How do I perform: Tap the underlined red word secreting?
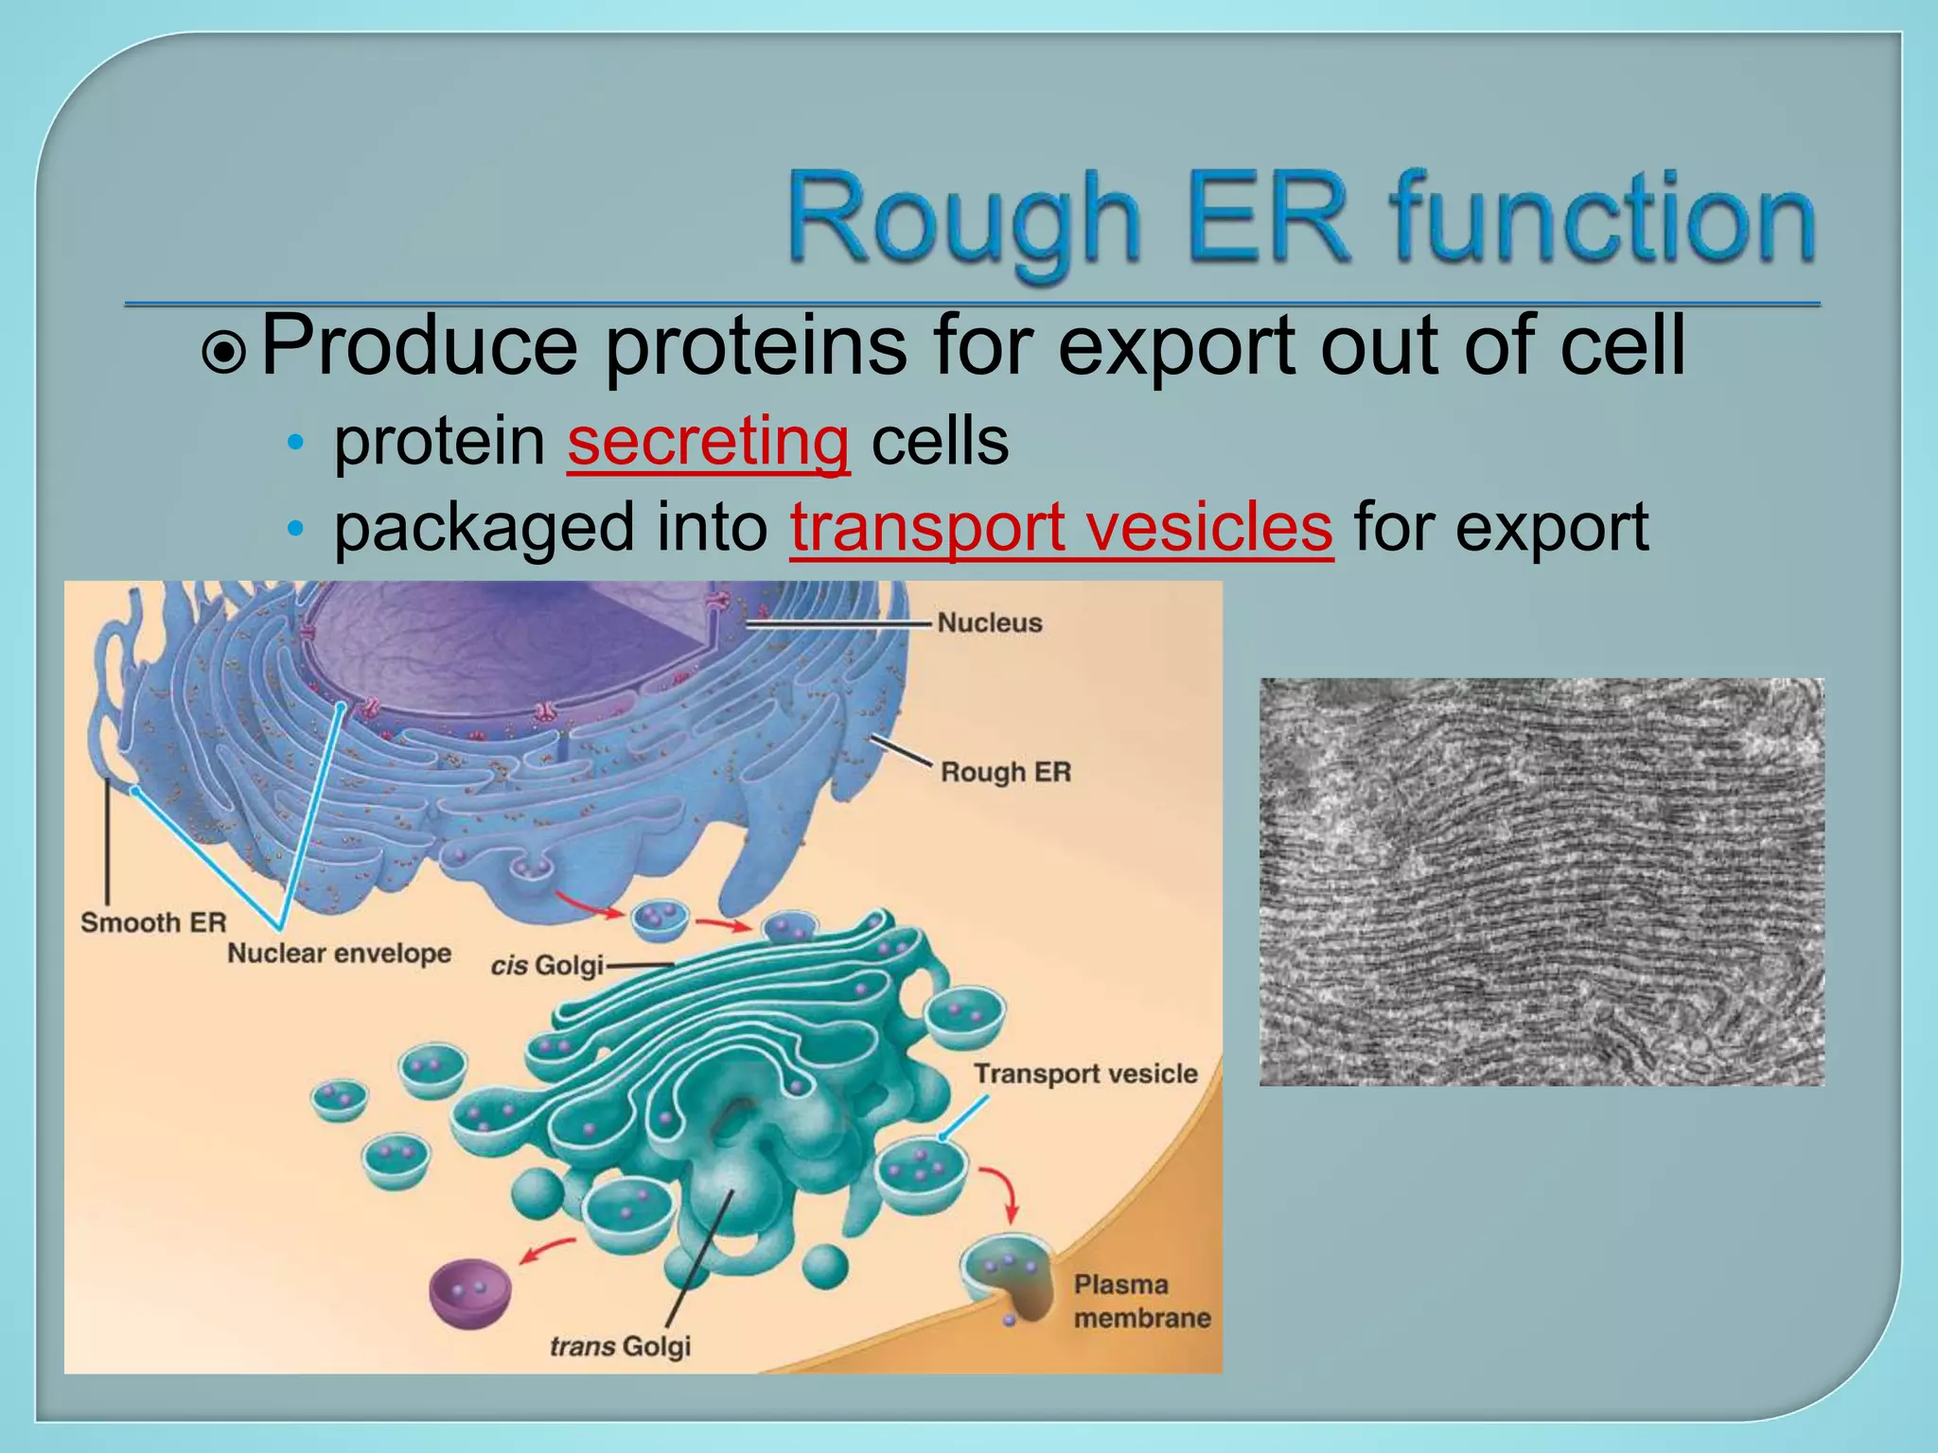pyautogui.click(x=708, y=442)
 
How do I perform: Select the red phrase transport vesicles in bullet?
pyautogui.click(x=1061, y=528)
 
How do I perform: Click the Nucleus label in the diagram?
pyautogui.click(x=989, y=623)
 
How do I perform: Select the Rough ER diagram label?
pyautogui.click(x=1005, y=772)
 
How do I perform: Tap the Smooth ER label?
pyautogui.click(x=153, y=922)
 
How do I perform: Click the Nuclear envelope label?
pyautogui.click(x=339, y=954)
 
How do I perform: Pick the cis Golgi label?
pyautogui.click(x=547, y=966)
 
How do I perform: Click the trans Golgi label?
pyautogui.click(x=620, y=1346)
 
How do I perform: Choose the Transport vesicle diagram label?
pyautogui.click(x=1085, y=1075)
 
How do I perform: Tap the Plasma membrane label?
pyautogui.click(x=1141, y=1302)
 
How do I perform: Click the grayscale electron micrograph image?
pyautogui.click(x=1541, y=882)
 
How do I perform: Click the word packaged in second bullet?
pyautogui.click(x=484, y=528)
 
